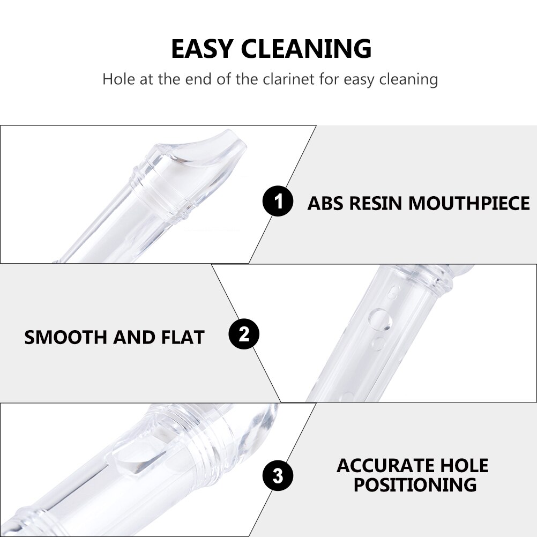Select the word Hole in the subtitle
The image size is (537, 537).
click(119, 79)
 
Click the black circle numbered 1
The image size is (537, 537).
click(278, 201)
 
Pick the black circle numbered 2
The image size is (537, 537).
click(244, 334)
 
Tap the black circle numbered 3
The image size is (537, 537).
click(278, 476)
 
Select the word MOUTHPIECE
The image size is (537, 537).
click(469, 203)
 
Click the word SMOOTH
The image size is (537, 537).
click(65, 337)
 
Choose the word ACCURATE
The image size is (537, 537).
click(385, 465)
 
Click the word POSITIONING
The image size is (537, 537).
click(415, 484)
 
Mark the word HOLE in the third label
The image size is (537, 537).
click(464, 465)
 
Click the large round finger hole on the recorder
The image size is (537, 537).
click(380, 319)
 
